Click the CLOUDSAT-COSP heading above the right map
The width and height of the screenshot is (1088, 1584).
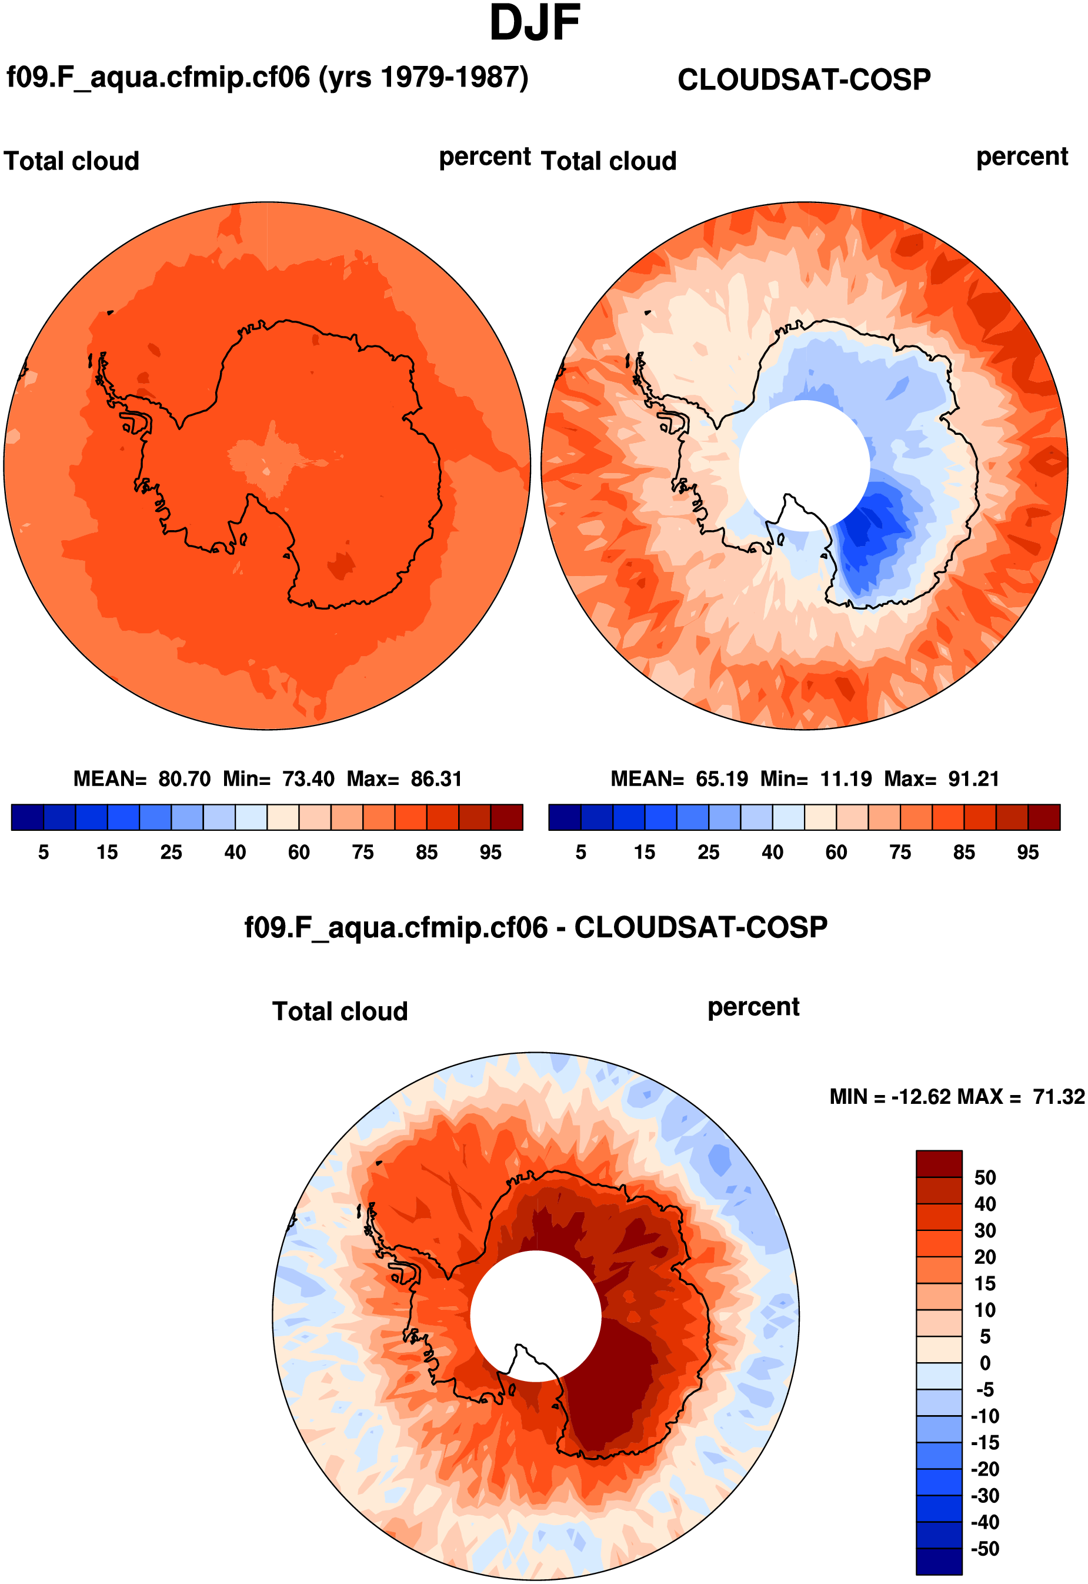[804, 80]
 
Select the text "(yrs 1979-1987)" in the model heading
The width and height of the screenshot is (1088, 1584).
[423, 77]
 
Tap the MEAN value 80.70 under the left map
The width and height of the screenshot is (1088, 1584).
[184, 778]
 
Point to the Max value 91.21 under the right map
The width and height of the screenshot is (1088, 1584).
[973, 778]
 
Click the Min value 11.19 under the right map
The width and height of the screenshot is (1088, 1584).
[845, 778]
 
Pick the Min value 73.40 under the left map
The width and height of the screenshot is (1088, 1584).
[308, 778]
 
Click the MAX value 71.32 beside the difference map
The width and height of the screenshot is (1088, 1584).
[1058, 1096]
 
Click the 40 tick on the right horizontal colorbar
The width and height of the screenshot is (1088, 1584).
[772, 853]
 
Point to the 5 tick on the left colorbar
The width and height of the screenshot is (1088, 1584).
[44, 853]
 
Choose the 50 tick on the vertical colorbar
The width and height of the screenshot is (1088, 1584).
[985, 1177]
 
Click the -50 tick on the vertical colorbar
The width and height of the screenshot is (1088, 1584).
[985, 1549]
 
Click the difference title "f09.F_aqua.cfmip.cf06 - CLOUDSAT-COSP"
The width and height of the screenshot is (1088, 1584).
[536, 927]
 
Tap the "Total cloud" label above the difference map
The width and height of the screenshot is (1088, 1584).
[340, 1011]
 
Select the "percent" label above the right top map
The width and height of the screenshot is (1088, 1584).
[1022, 157]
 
